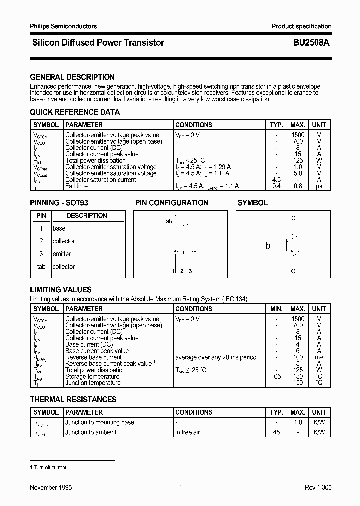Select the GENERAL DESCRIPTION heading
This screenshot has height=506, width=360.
pos(72,77)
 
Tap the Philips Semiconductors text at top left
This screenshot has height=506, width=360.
pos(63,26)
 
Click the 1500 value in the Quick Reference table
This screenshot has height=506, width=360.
pos(298,135)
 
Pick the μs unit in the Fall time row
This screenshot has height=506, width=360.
pos(319,186)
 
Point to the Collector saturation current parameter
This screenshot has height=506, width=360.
pos(100,180)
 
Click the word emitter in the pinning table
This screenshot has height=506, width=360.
pos(62,254)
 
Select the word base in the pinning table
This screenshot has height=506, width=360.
pos(59,228)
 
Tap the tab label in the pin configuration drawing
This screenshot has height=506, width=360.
pos(168,221)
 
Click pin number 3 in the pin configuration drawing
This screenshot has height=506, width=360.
pos(190,271)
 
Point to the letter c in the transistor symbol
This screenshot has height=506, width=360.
pos(293,218)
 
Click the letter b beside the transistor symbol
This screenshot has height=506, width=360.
pos(268,246)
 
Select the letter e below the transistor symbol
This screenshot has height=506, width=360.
pos(293,271)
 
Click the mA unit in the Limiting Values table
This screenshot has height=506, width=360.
pos(319,357)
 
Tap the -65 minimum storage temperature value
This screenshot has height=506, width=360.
pos(276,377)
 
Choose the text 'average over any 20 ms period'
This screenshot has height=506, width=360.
pos(216,357)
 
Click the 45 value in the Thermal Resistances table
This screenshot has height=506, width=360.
pos(276,432)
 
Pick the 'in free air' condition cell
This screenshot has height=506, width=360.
pos(187,432)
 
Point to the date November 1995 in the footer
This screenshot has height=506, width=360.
pos(51,488)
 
